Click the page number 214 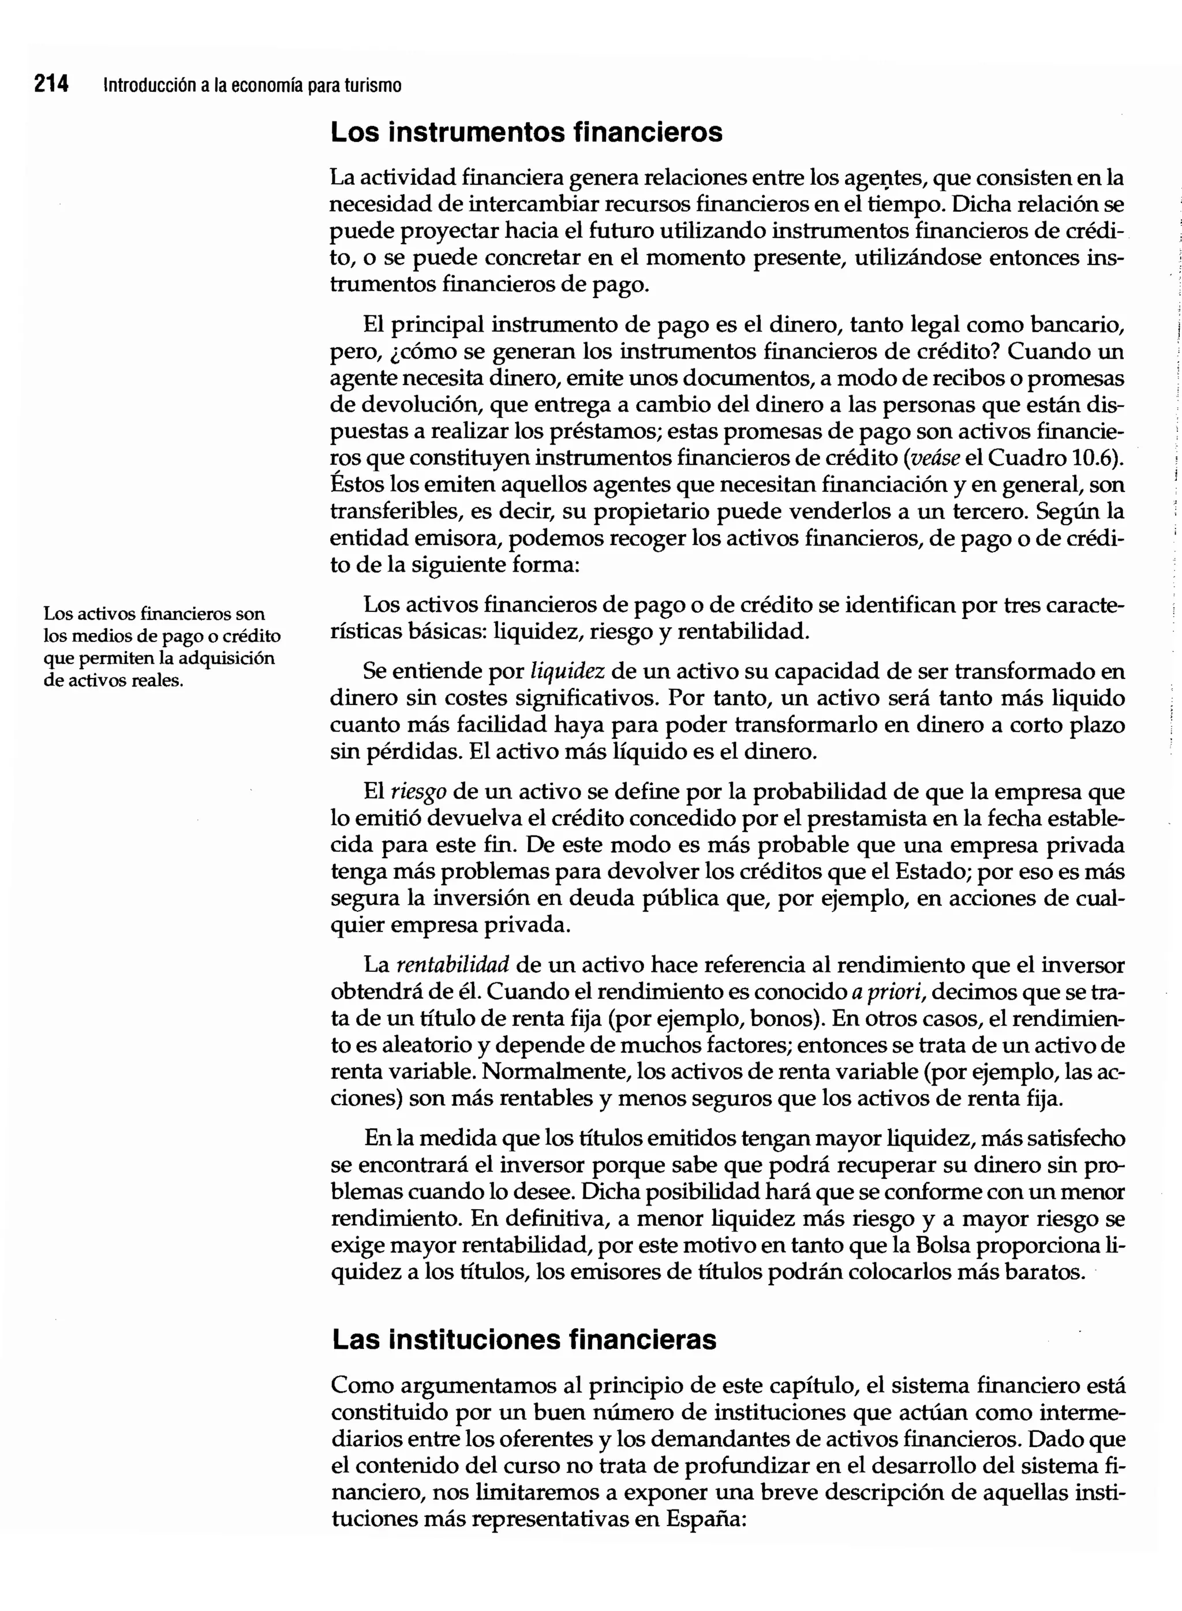51,84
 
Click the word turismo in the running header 373,86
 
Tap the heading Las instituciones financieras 523,1339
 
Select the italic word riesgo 418,792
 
